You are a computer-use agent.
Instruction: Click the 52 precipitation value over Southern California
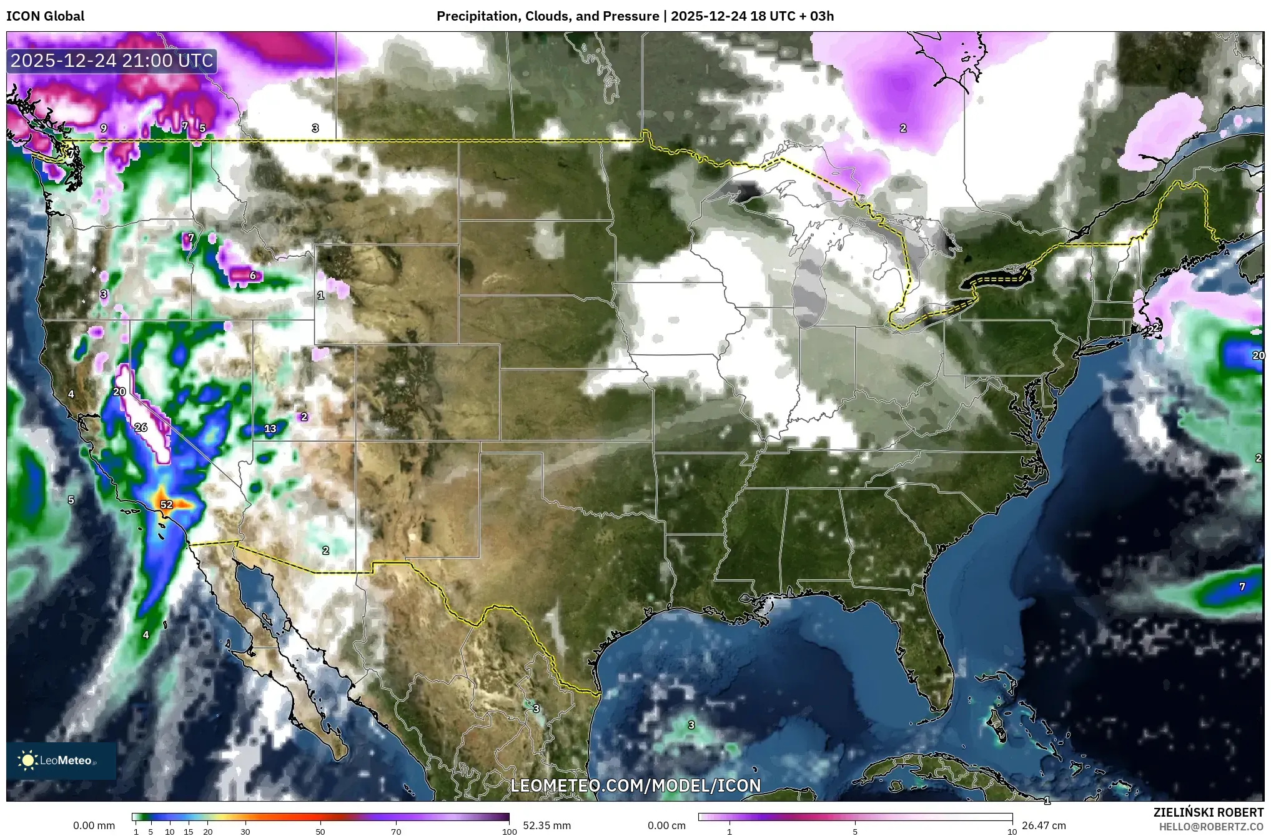[x=166, y=504]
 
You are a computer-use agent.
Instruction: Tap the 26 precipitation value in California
[x=141, y=427]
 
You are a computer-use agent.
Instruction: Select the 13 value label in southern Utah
[x=270, y=429]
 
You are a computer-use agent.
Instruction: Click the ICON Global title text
[x=46, y=16]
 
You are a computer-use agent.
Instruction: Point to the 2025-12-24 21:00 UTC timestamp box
[x=112, y=61]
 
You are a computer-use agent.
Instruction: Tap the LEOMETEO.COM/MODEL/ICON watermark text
[x=636, y=785]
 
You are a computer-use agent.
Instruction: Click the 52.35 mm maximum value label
[x=546, y=825]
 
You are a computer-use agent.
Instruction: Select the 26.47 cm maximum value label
[x=1044, y=825]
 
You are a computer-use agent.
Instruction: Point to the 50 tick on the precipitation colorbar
[x=320, y=832]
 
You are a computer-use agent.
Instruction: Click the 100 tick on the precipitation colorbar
[x=509, y=832]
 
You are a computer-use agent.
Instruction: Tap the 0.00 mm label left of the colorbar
[x=94, y=825]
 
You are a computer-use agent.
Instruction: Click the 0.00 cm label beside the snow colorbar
[x=666, y=825]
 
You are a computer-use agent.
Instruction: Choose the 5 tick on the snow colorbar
[x=855, y=832]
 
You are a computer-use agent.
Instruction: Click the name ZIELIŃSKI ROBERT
[x=1208, y=812]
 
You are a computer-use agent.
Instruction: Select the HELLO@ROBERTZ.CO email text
[x=1211, y=827]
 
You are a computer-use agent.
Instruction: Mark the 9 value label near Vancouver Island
[x=104, y=128]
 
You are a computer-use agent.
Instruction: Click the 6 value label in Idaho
[x=253, y=276]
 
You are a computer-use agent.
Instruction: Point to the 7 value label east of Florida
[x=1242, y=587]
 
